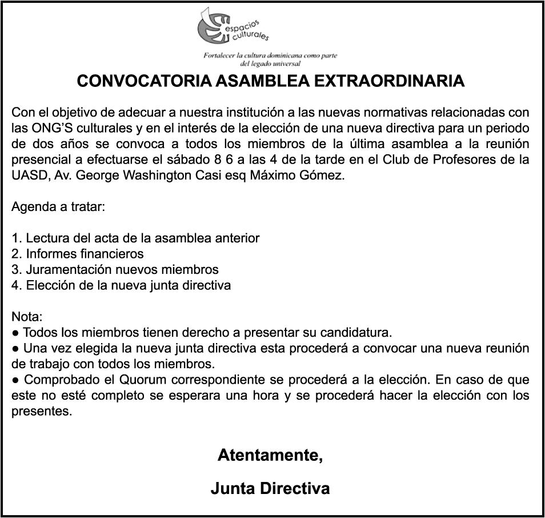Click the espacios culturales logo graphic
pos(231,27)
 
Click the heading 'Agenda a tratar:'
pos(58,206)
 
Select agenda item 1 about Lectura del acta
pos(135,238)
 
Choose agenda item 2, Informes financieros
pos(78,253)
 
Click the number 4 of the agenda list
pos(15,285)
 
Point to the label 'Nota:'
pos(27,316)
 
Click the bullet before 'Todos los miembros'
pos(16,332)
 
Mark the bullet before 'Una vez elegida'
pos(16,348)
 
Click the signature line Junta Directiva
pos(270,489)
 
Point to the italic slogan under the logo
pos(270,59)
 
